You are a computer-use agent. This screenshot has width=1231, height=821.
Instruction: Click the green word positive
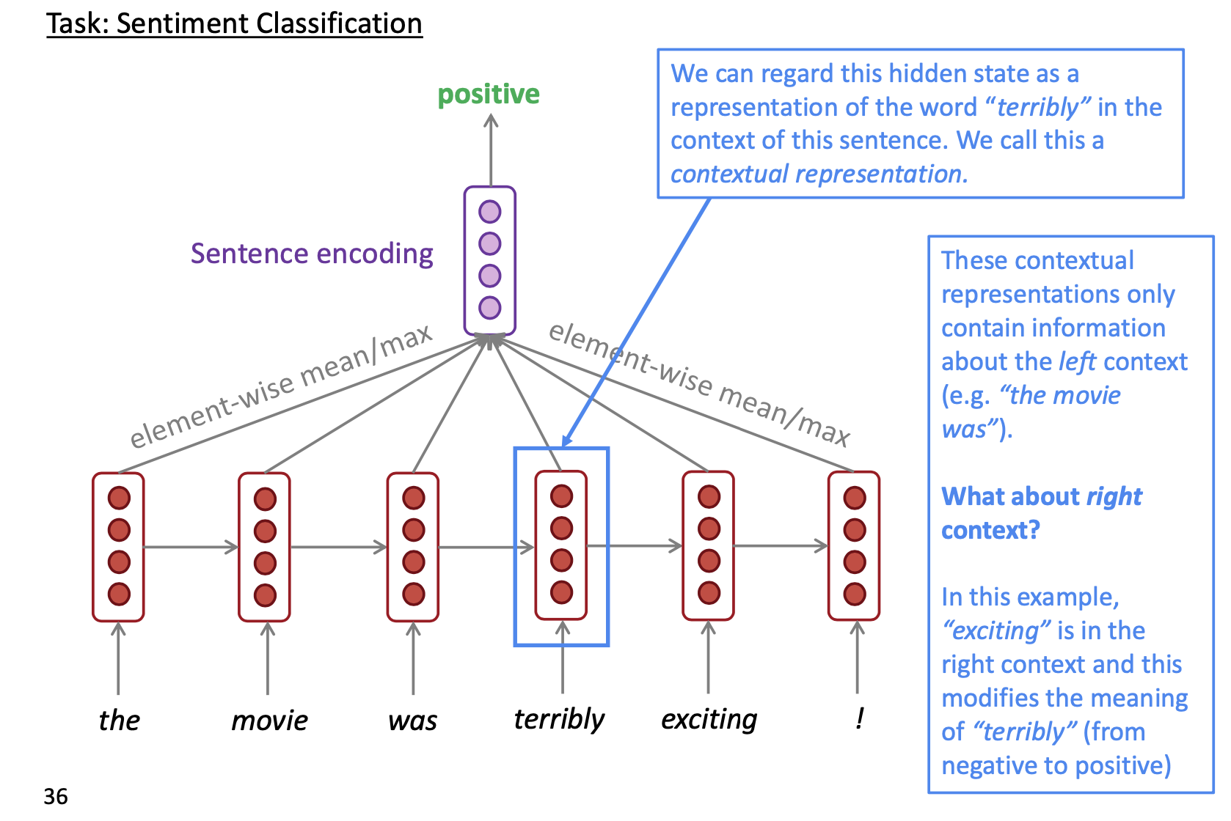point(489,95)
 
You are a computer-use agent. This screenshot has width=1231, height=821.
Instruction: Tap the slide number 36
point(56,796)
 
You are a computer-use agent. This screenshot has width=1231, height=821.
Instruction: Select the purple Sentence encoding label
point(312,254)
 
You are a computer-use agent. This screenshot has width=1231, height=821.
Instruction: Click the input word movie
point(269,721)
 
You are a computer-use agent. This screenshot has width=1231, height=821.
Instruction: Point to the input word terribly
point(559,719)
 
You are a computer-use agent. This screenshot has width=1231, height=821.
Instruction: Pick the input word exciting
point(709,719)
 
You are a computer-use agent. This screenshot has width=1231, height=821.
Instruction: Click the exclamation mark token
point(859,718)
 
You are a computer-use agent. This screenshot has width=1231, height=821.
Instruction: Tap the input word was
point(412,721)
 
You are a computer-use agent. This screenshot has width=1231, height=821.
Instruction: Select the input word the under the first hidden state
point(119,721)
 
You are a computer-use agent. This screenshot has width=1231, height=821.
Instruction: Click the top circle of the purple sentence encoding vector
point(490,212)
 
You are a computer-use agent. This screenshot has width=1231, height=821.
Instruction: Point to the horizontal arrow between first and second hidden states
point(191,547)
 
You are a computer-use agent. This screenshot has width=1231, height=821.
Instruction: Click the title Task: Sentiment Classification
point(234,23)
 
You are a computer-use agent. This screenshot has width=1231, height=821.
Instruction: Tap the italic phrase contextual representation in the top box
point(815,174)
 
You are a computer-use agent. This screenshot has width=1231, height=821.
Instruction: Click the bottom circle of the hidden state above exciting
point(709,592)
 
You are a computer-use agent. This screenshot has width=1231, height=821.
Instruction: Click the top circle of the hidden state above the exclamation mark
point(855,498)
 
